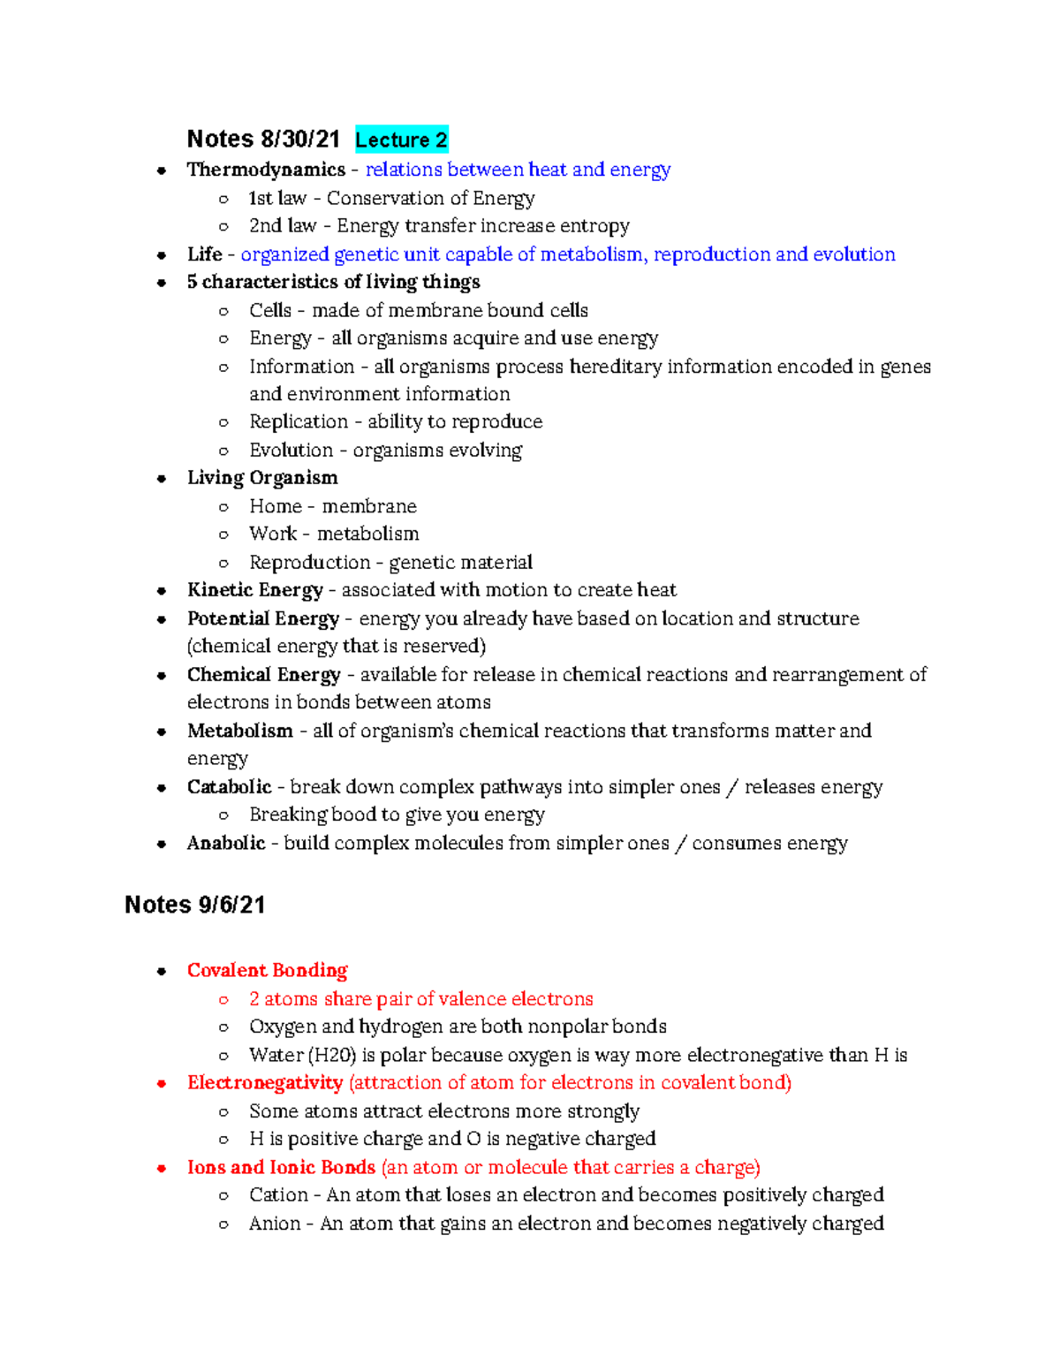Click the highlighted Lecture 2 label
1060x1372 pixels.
click(x=401, y=140)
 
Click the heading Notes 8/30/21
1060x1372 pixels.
click(x=263, y=140)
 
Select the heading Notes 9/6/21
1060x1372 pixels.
click(x=194, y=905)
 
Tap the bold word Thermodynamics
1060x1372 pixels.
click(x=266, y=170)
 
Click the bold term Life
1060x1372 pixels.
click(x=204, y=254)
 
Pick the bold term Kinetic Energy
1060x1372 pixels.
click(x=254, y=590)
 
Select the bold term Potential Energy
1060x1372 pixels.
click(x=262, y=618)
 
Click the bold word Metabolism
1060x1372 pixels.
click(x=239, y=731)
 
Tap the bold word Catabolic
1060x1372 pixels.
click(x=229, y=787)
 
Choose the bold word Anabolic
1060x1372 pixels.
click(x=226, y=843)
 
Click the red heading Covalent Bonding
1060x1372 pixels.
click(x=267, y=970)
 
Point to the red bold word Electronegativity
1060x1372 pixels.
click(x=264, y=1082)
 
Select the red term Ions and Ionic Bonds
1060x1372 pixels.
click(x=281, y=1167)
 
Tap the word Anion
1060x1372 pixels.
click(x=275, y=1224)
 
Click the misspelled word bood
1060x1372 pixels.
click(x=354, y=815)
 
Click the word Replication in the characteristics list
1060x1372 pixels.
click(x=299, y=422)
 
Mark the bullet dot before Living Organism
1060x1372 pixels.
click(x=162, y=479)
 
